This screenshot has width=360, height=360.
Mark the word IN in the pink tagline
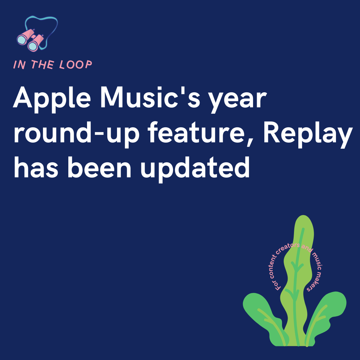19,65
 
